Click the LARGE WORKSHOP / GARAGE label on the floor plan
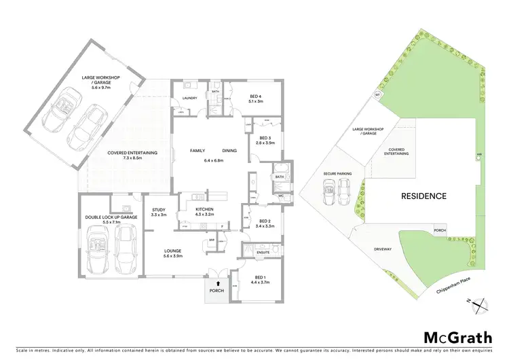[x=100, y=80]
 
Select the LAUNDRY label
[x=189, y=98]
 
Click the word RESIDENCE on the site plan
[x=423, y=196]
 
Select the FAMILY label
[x=197, y=150]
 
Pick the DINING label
[x=229, y=150]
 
